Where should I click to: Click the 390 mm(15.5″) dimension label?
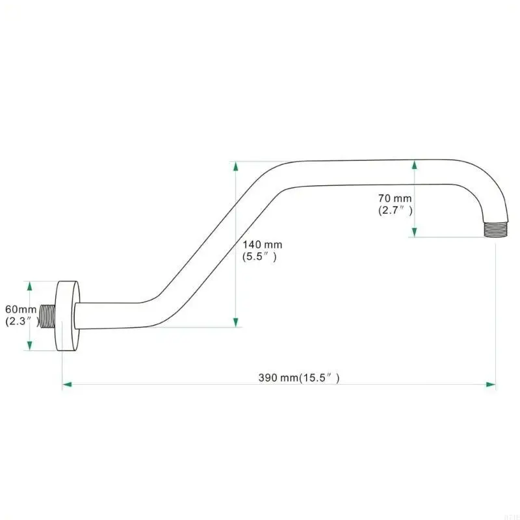tap(300, 377)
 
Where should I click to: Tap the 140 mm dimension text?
tap(263, 244)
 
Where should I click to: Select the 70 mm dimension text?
tap(395, 198)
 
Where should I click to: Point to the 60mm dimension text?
tap(19, 309)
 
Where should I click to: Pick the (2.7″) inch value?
tap(395, 210)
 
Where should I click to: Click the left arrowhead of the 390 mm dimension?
tap(66, 385)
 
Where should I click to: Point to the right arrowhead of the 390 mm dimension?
tap(491, 385)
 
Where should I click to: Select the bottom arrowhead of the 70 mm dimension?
tap(415, 232)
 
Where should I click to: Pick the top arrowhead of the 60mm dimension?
tap(28, 286)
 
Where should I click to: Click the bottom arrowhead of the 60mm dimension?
tap(28, 345)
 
